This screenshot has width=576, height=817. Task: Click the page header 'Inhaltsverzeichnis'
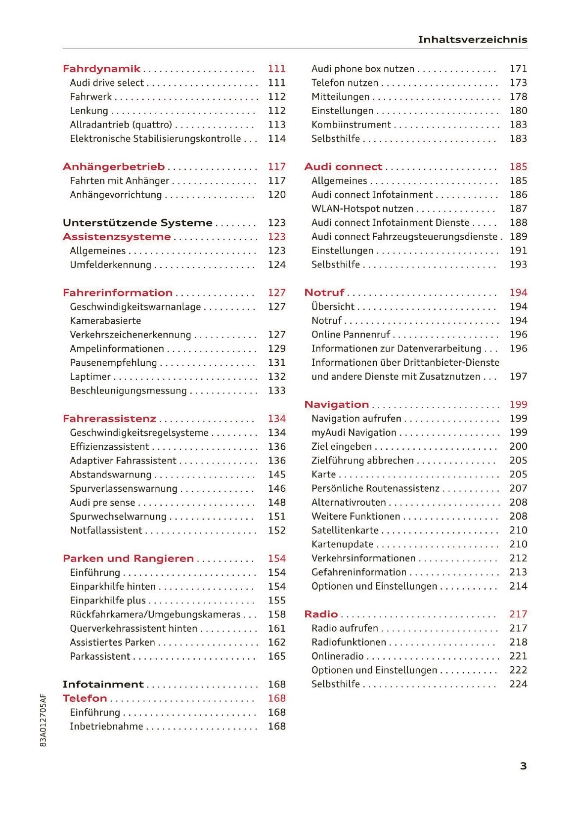[472, 40]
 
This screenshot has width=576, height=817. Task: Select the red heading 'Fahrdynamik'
[101, 69]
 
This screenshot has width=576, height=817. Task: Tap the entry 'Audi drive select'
[107, 83]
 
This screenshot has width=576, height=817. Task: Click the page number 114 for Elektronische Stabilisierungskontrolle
[276, 139]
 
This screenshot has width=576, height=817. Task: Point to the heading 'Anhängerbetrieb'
[114, 167]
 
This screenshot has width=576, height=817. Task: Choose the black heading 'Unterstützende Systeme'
[137, 223]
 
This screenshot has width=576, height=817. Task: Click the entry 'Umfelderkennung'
[110, 265]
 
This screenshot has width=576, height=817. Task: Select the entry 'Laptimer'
[90, 377]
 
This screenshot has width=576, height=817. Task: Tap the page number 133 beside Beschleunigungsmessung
[276, 391]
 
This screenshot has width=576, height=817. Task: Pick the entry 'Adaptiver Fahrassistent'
[123, 461]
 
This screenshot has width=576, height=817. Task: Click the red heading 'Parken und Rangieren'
[128, 559]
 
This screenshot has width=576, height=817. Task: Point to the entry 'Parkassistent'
[100, 656]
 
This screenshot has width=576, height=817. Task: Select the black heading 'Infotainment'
[103, 685]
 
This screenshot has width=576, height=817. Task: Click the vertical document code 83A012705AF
[43, 720]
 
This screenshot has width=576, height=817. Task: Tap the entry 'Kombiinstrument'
[351, 125]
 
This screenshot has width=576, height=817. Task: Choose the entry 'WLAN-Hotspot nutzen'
[362, 209]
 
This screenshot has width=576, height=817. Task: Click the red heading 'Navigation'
[336, 405]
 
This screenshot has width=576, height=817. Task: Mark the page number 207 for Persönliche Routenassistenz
[518, 488]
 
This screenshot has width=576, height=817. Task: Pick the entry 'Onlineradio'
[337, 656]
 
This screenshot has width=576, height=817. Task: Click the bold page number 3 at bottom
[523, 766]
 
